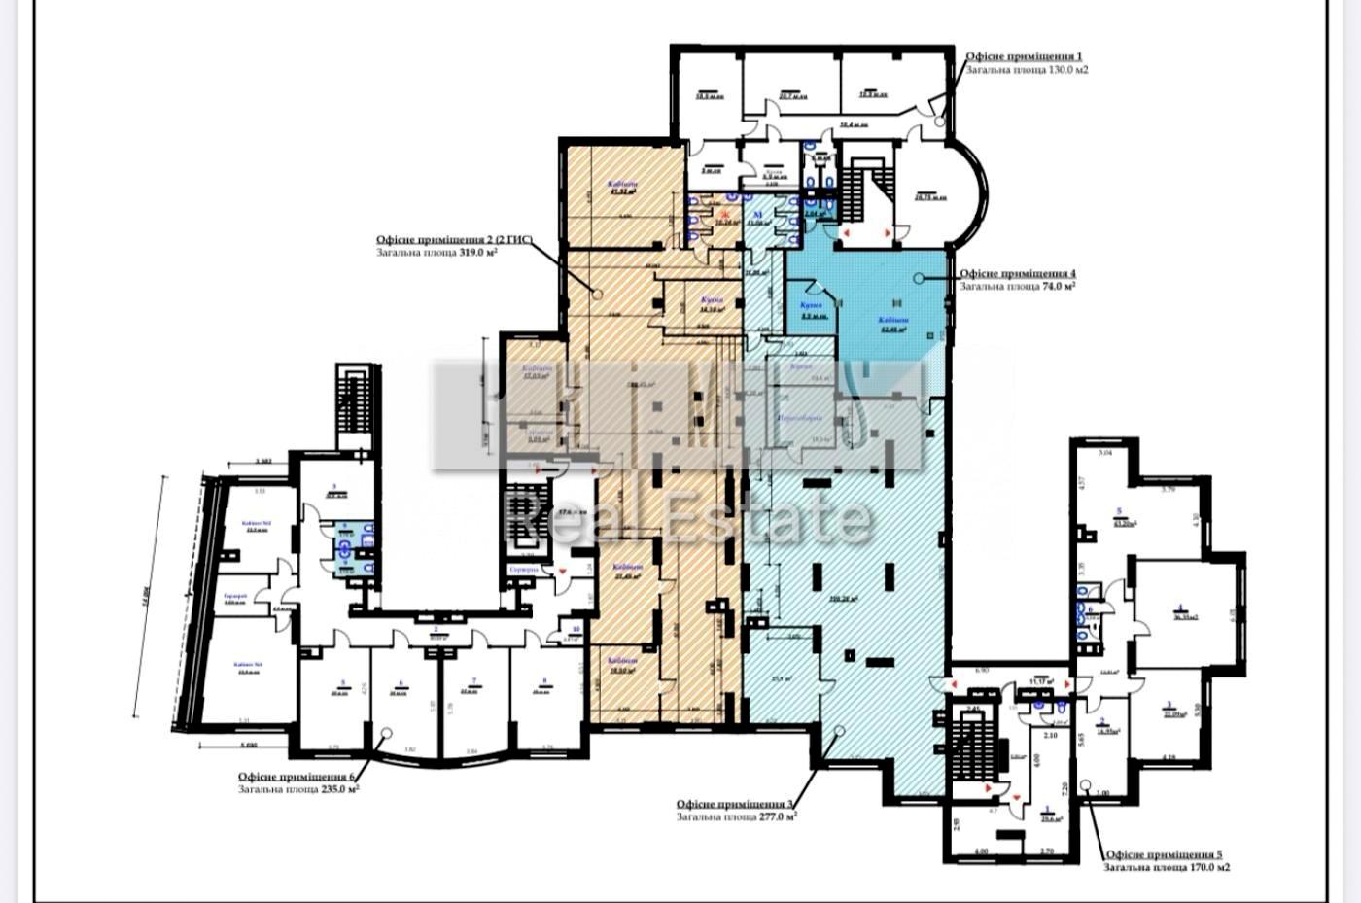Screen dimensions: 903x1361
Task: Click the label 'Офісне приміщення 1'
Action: click(x=1023, y=57)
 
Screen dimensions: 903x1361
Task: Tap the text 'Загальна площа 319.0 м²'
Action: click(x=437, y=252)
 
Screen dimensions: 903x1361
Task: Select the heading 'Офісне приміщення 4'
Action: click(x=1018, y=274)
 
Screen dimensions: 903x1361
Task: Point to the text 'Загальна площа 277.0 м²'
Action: click(x=737, y=817)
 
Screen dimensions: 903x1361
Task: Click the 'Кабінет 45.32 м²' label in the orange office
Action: click(x=621, y=188)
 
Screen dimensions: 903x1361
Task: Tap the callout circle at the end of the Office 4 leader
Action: click(x=920, y=278)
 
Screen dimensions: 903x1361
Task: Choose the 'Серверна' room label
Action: click(x=522, y=570)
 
